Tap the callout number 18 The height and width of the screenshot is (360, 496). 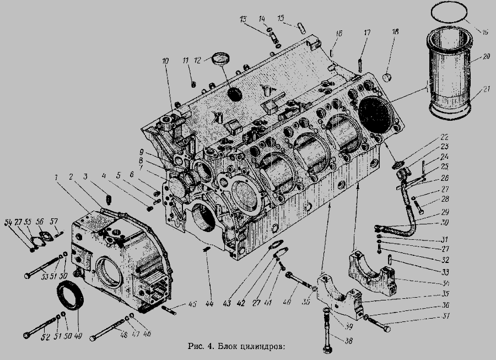tap(395, 33)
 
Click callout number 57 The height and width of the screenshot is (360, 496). tap(54, 221)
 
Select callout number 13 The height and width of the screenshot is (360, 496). tap(243, 19)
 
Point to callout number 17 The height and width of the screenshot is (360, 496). tap(366, 33)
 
